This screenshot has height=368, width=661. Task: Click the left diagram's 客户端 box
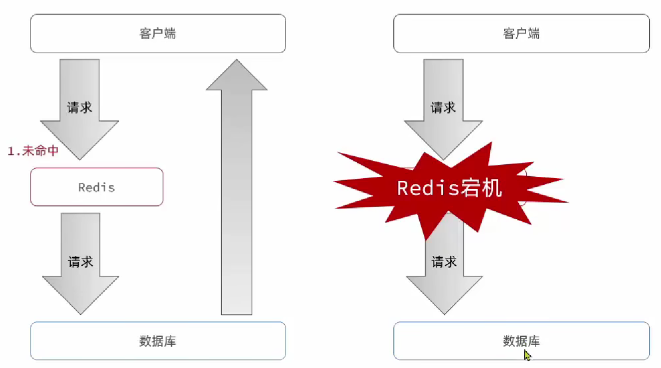pos(158,33)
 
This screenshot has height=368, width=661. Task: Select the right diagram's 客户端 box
pos(521,33)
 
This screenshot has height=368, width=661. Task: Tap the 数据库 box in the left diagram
pos(158,341)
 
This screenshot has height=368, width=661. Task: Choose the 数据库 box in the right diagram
pos(521,341)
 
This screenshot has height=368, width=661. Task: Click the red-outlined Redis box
pos(96,187)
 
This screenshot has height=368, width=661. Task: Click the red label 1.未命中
pos(33,151)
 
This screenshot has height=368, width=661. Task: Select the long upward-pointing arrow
pos(237,199)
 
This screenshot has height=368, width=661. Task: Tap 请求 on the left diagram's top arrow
pos(80,107)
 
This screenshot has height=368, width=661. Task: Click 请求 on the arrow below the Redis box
pos(81,262)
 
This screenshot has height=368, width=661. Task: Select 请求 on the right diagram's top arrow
pos(443,107)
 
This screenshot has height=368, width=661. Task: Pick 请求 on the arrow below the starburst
pos(444,262)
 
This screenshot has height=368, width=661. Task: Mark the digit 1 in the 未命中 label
pos(10,151)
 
